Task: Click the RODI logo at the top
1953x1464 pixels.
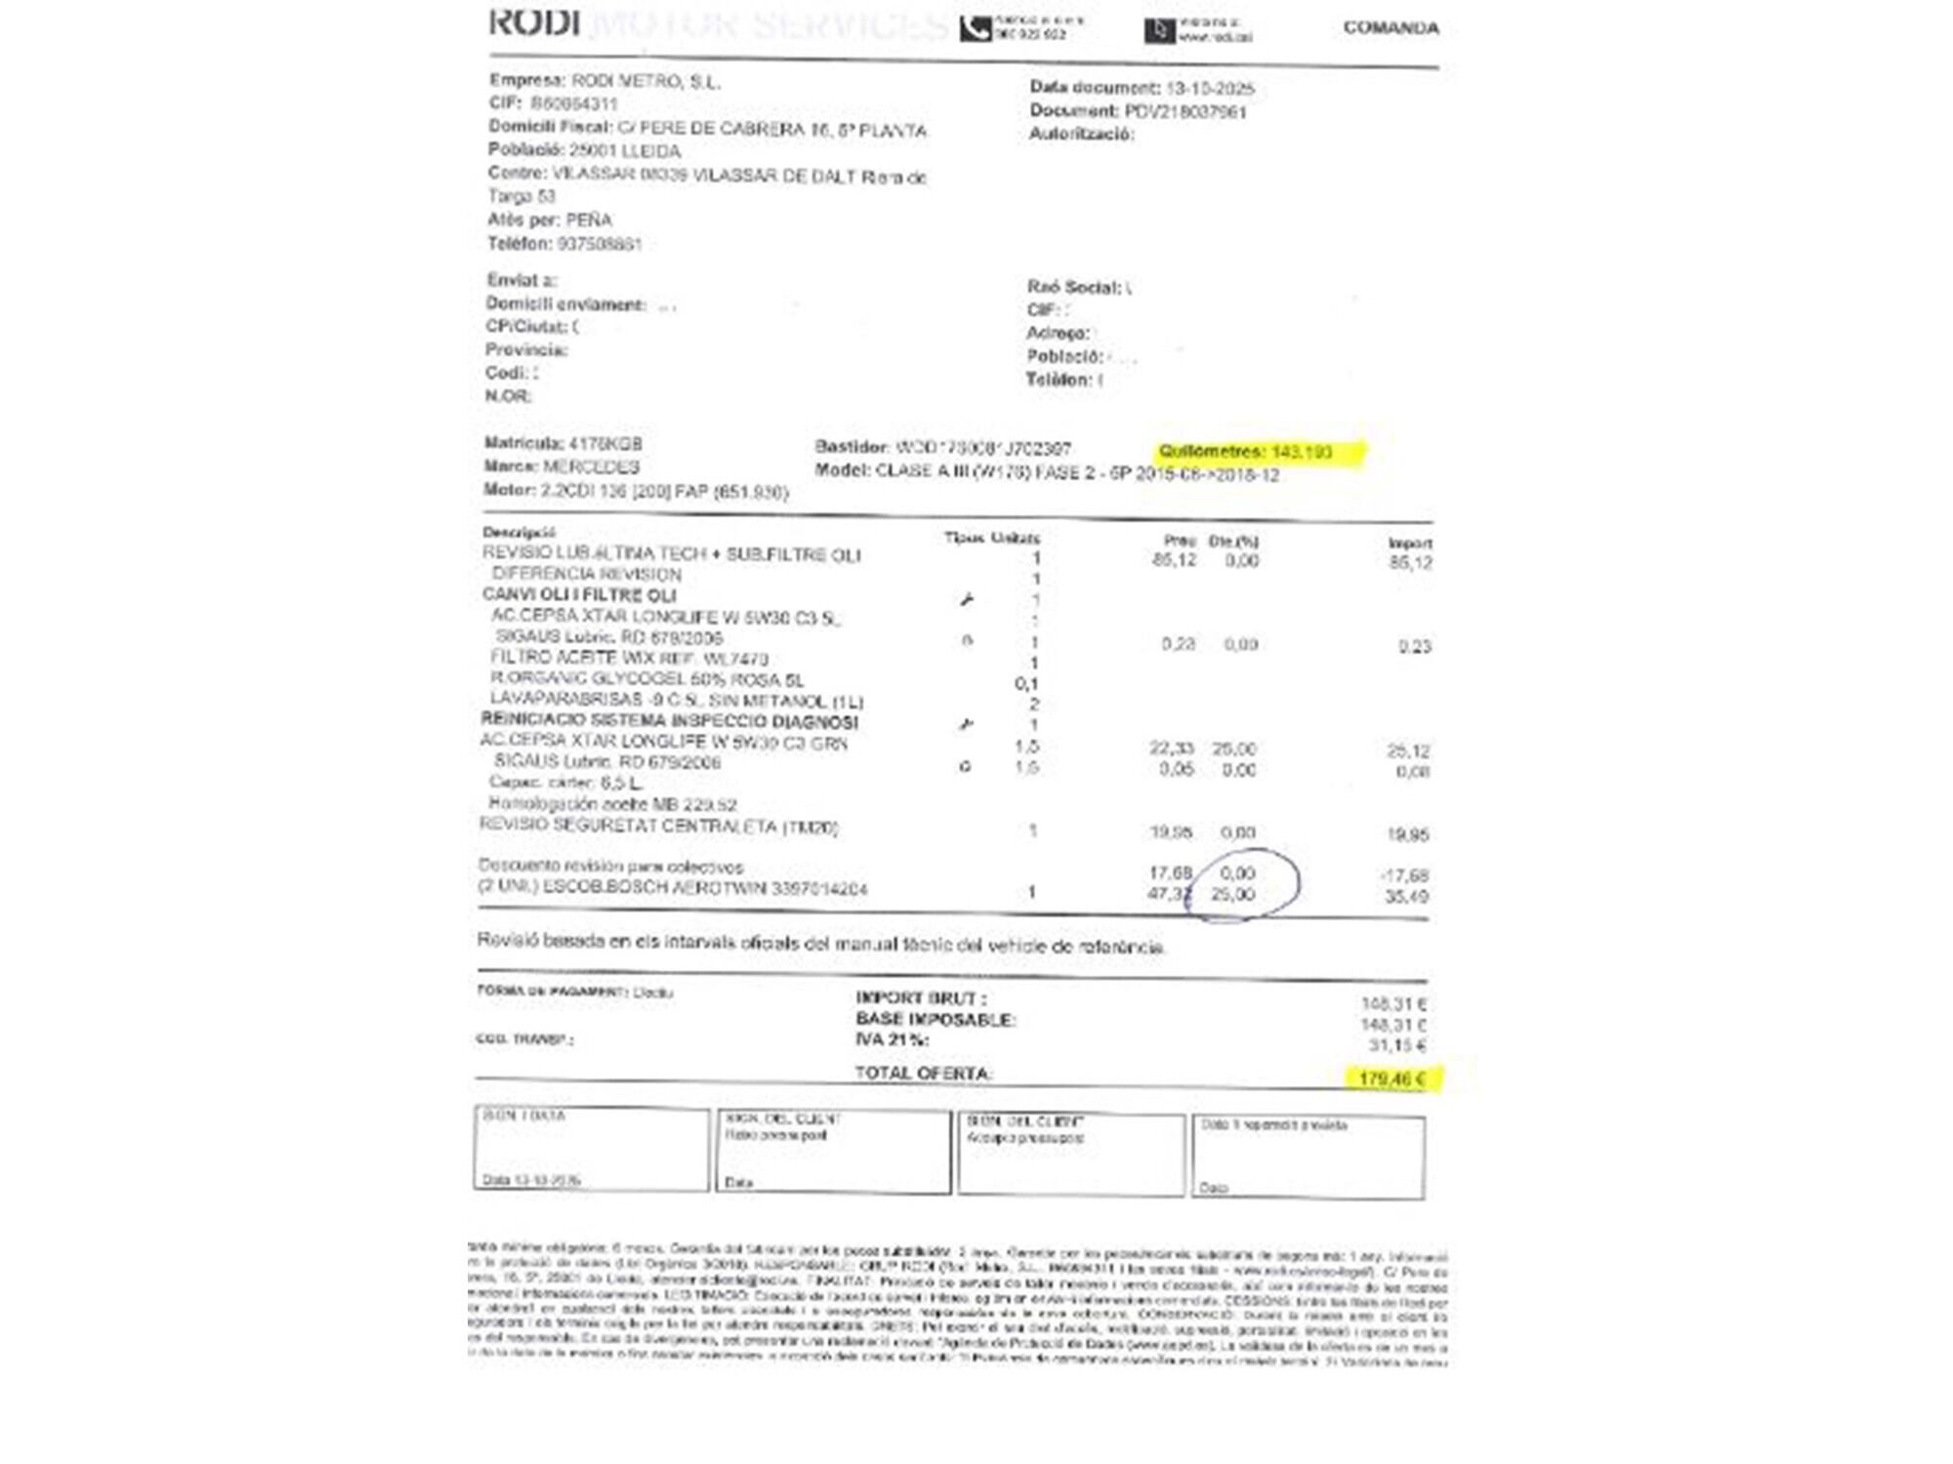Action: click(534, 22)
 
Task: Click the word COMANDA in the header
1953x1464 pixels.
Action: click(1391, 27)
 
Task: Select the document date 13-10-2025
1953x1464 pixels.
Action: click(1210, 89)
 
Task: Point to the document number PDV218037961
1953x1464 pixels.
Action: click(1185, 112)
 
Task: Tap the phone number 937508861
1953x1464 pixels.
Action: click(599, 244)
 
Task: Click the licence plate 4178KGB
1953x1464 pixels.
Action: click(605, 444)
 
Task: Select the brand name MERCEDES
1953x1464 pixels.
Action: click(591, 468)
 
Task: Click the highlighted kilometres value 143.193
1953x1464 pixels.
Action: click(1302, 452)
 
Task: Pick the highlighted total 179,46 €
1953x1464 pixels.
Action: click(1391, 1078)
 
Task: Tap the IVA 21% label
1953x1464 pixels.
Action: click(893, 1040)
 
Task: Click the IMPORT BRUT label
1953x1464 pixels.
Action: click(921, 998)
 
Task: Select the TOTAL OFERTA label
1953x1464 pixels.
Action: click(924, 1074)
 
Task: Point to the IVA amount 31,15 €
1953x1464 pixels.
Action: click(1396, 1046)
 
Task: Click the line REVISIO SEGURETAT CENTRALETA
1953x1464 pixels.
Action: click(658, 827)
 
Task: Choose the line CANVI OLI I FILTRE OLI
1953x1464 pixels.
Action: click(579, 595)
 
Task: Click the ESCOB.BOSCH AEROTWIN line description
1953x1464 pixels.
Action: click(672, 888)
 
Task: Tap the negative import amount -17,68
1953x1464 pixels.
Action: click(1405, 875)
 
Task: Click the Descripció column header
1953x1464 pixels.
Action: click(519, 533)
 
